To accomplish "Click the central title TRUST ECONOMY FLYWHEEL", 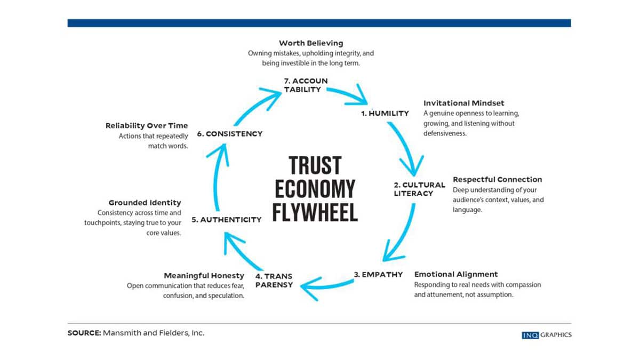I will tap(315, 189).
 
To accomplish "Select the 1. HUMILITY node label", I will tap(385, 113).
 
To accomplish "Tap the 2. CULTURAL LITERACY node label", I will tap(419, 189).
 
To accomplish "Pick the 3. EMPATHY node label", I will tap(378, 275).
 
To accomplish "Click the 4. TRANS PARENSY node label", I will tap(274, 280).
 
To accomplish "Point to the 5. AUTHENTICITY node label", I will tap(226, 219).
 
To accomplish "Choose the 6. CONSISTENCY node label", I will tap(230, 133).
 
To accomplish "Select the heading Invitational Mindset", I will tap(463, 103).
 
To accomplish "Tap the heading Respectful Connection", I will tap(497, 180).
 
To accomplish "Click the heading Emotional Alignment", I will tap(456, 275).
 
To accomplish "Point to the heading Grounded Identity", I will tap(145, 203).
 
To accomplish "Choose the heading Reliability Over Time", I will tap(147, 125).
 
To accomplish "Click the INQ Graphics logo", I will tap(547, 335).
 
